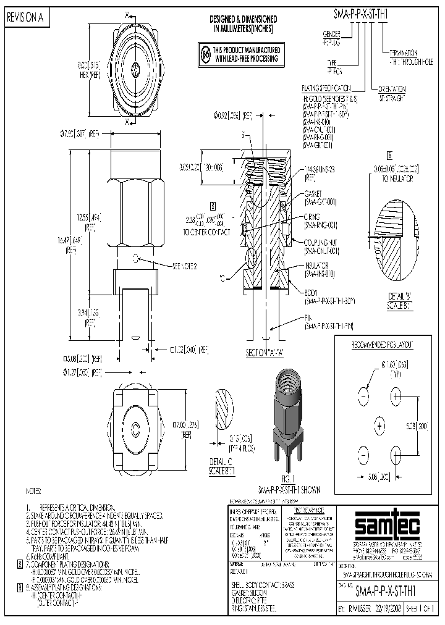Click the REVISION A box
(x=25, y=19)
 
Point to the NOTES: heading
(x=33, y=491)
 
